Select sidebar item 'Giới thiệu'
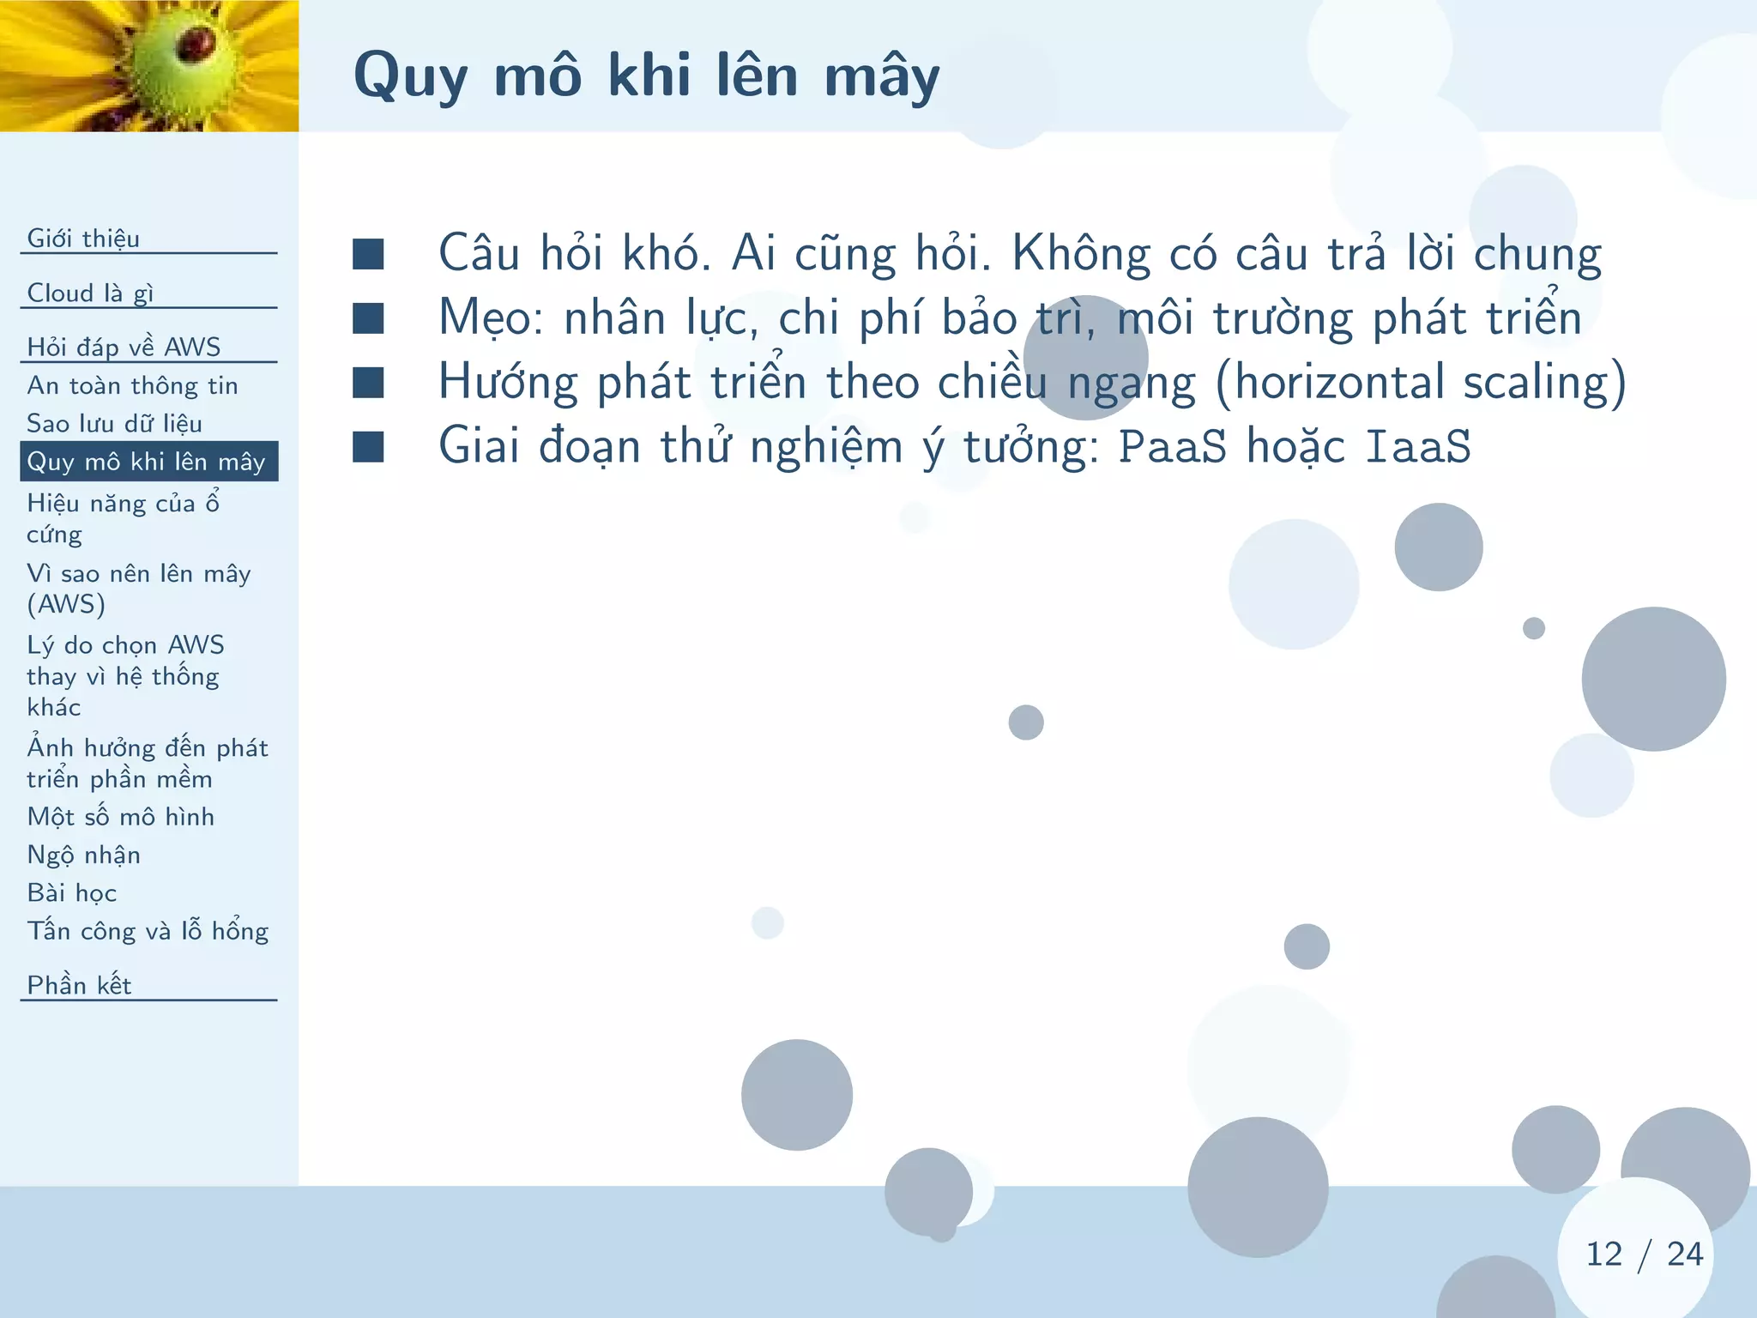tap(83, 238)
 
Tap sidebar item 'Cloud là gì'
tap(90, 293)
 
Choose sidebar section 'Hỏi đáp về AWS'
tap(124, 347)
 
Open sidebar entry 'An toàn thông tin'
tap(132, 385)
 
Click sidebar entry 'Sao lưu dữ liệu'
tap(114, 423)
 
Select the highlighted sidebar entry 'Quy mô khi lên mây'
tap(146, 462)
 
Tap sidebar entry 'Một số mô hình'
tap(120, 816)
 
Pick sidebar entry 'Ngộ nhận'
tap(83, 855)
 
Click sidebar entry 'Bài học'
tap(71, 892)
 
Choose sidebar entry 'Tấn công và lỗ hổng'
tap(148, 931)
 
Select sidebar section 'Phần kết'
tap(79, 985)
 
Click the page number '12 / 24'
tap(1643, 1254)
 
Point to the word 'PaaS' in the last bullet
tap(1172, 446)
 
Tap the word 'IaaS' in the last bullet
tap(1417, 446)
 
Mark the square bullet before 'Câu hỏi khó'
tap(368, 254)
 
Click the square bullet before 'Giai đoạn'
tap(368, 446)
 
